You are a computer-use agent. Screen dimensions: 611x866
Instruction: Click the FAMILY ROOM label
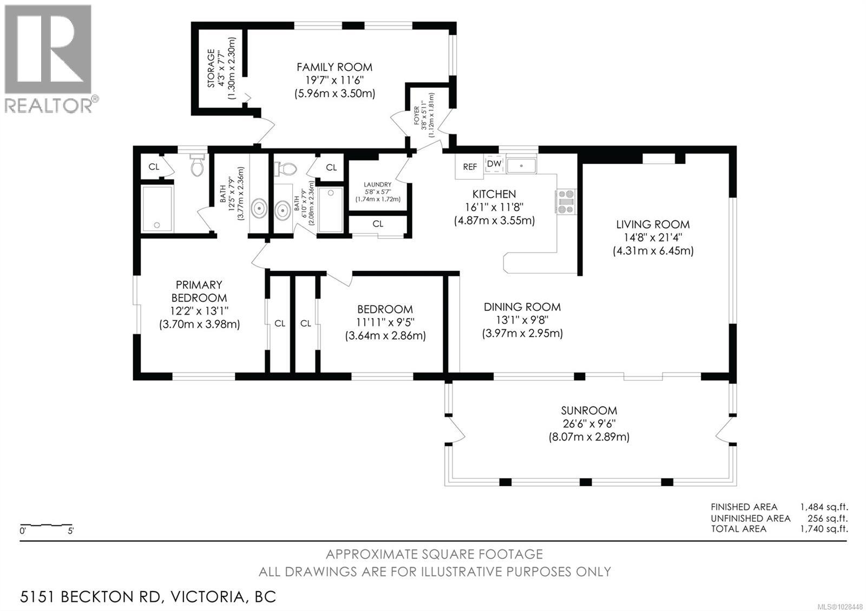tap(334, 68)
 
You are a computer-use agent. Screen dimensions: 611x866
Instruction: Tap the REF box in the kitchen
tap(470, 167)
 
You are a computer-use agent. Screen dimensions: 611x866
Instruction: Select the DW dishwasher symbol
tap(494, 164)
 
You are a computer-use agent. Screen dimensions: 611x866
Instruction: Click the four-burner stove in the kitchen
tap(566, 201)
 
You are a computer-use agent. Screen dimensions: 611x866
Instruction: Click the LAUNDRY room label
tap(377, 185)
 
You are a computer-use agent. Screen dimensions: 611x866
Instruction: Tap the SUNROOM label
tap(589, 411)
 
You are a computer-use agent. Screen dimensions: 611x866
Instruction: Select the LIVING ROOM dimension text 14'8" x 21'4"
tap(653, 238)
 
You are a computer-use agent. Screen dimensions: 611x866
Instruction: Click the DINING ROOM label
tap(522, 307)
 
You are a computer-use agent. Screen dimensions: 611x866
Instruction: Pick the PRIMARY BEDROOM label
tap(199, 291)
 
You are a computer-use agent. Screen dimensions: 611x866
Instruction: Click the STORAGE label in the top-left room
tap(212, 69)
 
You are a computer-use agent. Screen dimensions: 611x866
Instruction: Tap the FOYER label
tap(417, 116)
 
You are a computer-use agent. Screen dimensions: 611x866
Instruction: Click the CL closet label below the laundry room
tap(378, 224)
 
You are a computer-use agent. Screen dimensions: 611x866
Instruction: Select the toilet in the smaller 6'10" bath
tap(285, 169)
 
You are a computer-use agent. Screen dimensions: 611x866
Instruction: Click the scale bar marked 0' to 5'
tap(46, 525)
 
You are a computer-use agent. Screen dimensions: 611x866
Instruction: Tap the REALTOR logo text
tap(49, 105)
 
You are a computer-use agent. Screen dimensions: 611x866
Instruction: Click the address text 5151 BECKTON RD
tap(91, 597)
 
